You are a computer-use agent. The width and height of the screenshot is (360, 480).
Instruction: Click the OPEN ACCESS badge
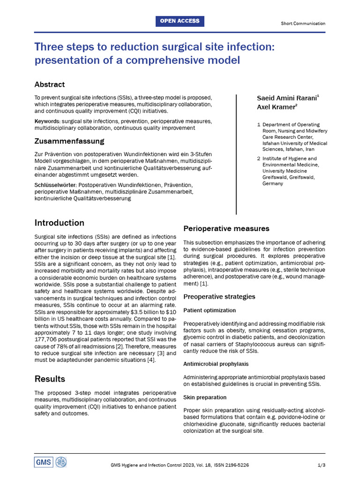180,21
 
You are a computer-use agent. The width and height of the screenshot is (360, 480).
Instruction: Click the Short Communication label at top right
303,23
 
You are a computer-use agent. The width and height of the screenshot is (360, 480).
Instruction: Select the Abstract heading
50,85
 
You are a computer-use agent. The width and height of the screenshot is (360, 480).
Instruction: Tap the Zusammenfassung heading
69,141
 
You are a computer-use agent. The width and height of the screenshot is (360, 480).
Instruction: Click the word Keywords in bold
47,121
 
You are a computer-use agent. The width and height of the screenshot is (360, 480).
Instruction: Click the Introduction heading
60,223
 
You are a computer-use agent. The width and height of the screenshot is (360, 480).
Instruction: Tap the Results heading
50,379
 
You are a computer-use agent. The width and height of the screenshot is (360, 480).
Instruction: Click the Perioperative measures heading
226,229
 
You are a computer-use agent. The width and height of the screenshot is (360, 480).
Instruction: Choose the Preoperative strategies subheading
219,297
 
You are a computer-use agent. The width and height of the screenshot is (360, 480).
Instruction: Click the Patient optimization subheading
210,310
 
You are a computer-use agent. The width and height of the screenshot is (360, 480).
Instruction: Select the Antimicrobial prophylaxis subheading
216,364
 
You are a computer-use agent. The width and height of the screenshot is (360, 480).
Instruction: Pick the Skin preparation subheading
205,397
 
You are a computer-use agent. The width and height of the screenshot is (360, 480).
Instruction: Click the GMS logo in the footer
44,462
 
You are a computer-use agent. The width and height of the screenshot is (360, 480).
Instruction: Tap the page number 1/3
321,465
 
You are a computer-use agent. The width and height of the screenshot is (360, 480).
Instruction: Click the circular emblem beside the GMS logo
61,462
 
